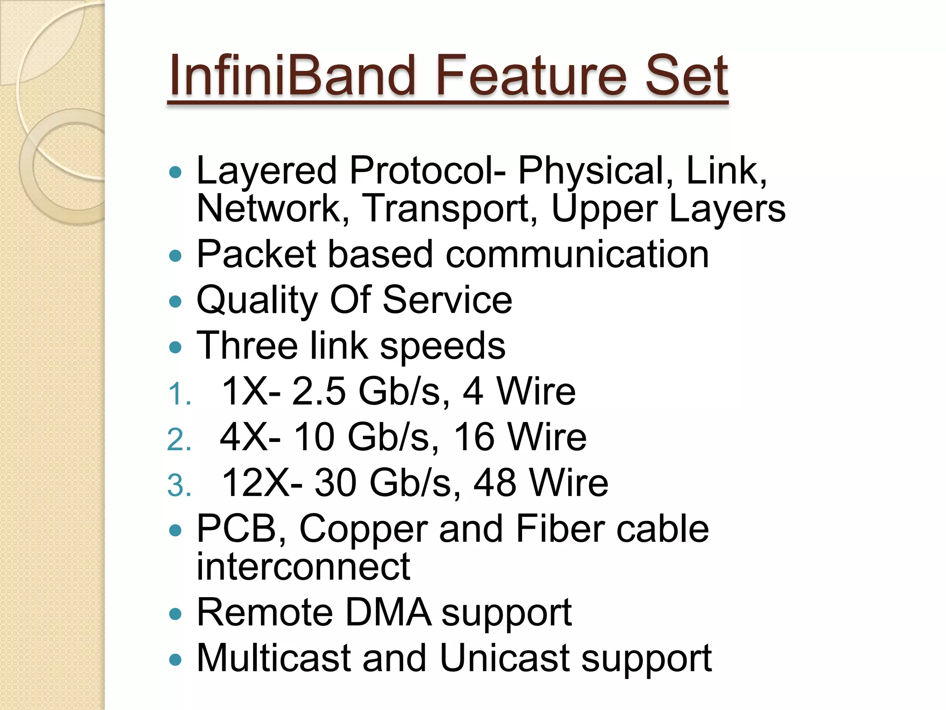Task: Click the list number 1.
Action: pyautogui.click(x=178, y=395)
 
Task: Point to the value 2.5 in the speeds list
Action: pyautogui.click(x=319, y=392)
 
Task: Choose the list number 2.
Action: pyautogui.click(x=178, y=440)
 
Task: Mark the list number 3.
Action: pyautogui.click(x=178, y=486)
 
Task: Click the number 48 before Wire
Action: pyautogui.click(x=495, y=483)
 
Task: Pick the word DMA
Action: pyautogui.click(x=388, y=612)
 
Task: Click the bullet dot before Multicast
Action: pyautogui.click(x=176, y=660)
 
